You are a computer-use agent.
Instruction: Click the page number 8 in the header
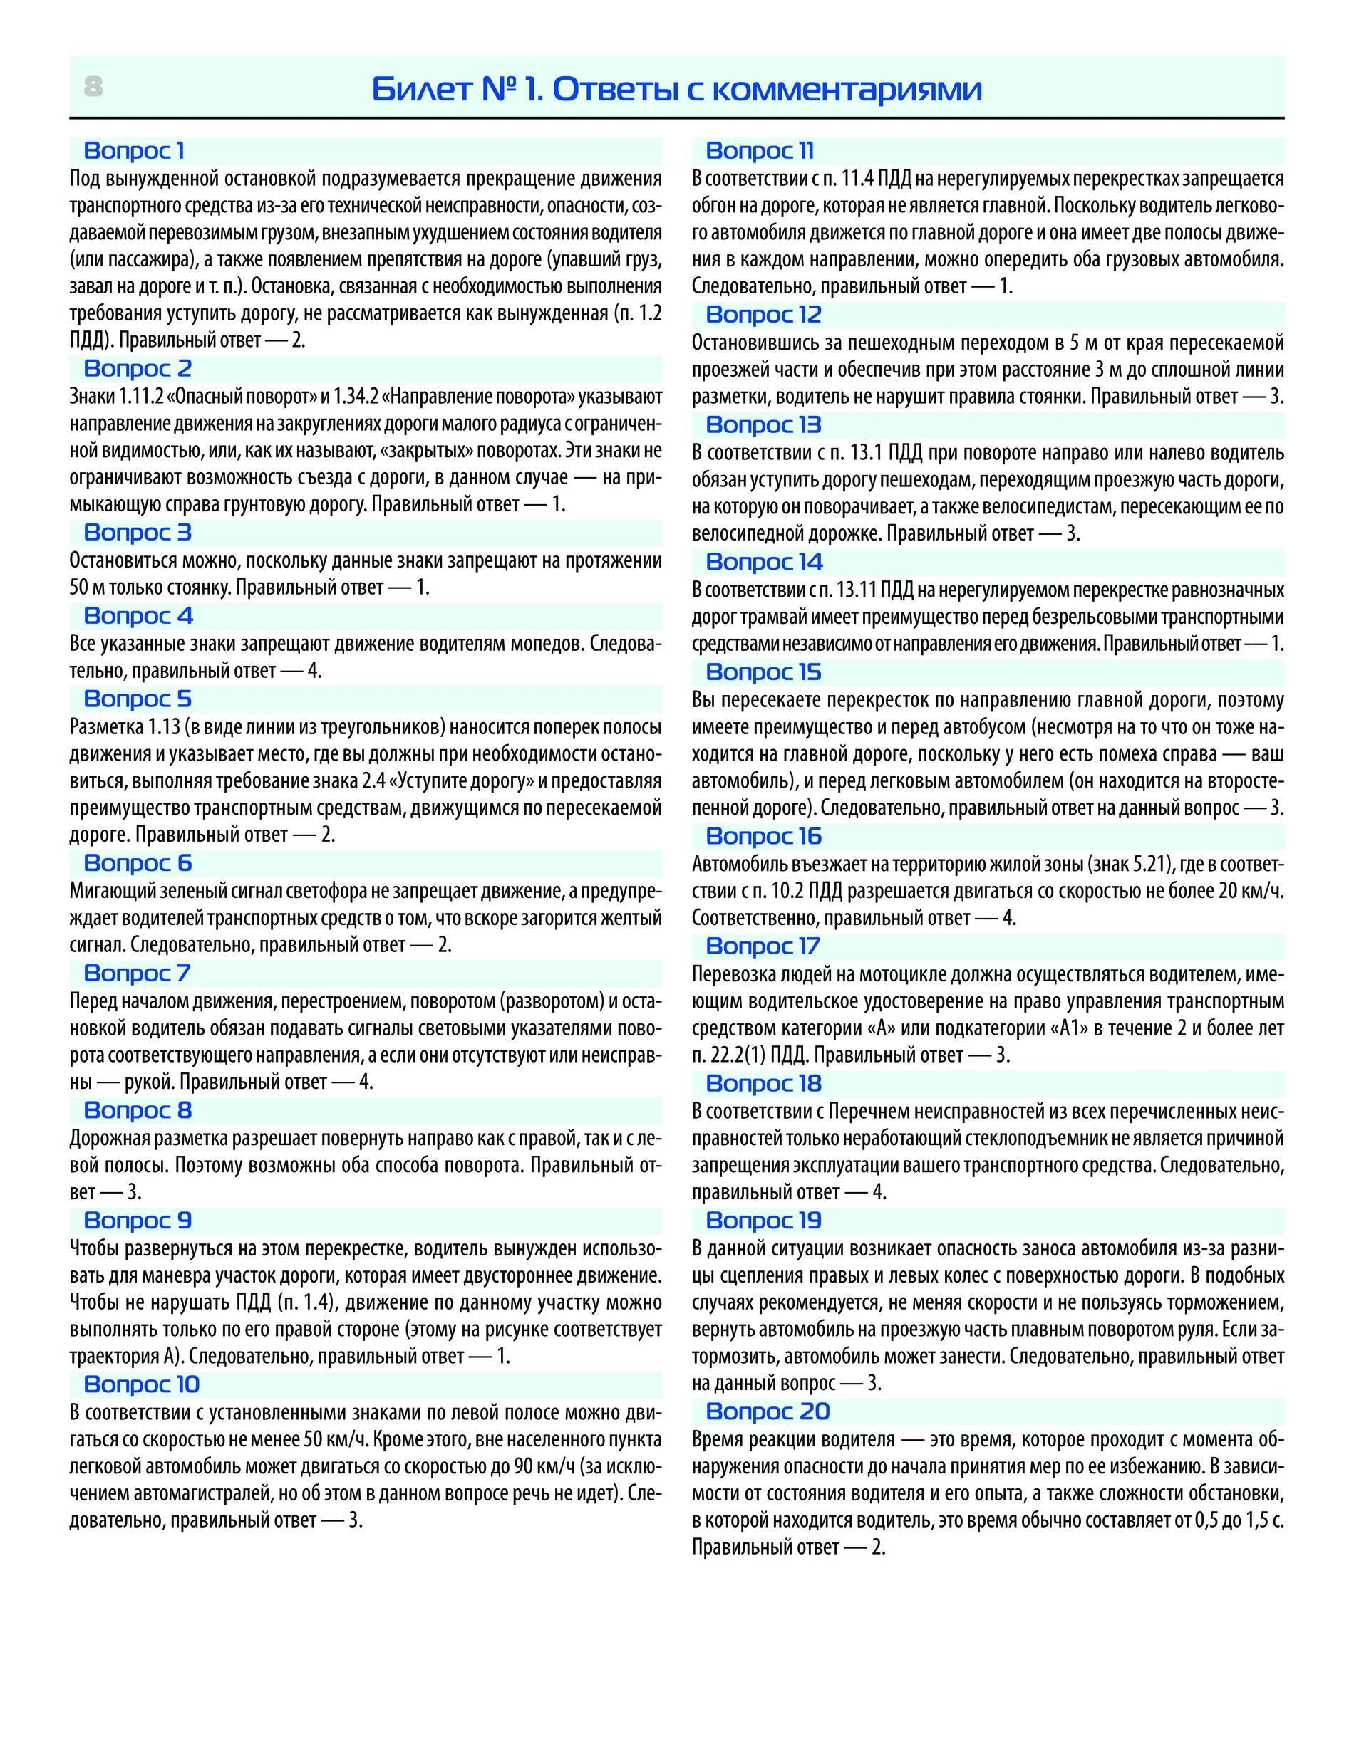pos(93,86)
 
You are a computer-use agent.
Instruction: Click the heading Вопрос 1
pos(134,150)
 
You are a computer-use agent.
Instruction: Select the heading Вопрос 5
pos(137,699)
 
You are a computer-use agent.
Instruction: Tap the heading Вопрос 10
pos(141,1384)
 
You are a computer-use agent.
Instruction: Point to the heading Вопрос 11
pos(760,150)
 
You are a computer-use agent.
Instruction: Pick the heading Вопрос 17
pos(763,946)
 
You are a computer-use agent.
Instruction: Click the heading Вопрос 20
pos(768,1412)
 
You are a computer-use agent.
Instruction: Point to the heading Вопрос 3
pos(137,533)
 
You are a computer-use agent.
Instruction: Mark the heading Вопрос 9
pos(137,1221)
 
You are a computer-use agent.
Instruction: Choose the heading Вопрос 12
pos(763,315)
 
